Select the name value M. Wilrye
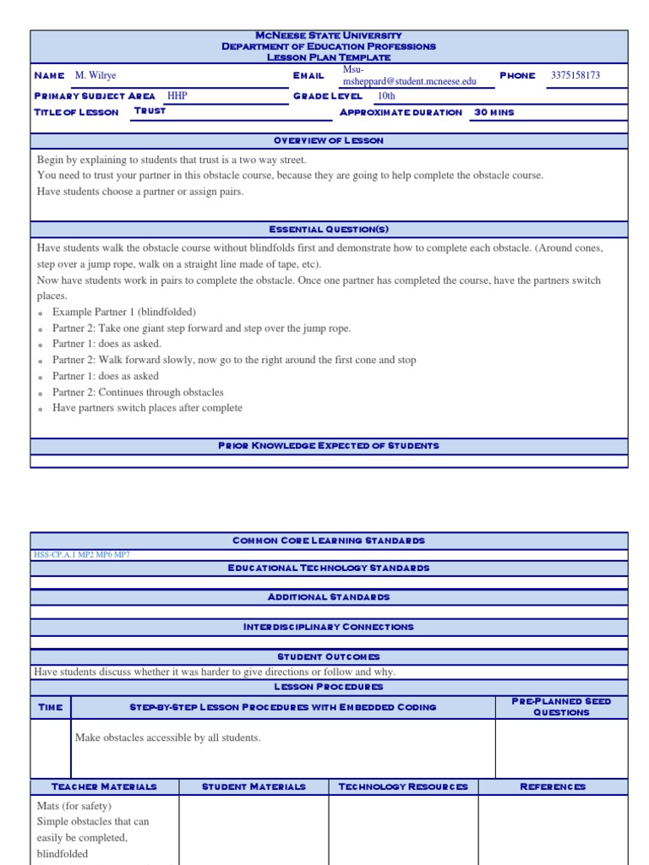pyautogui.click(x=95, y=76)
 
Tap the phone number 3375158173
pyautogui.click(x=575, y=75)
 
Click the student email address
pyautogui.click(x=409, y=82)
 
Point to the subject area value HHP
pyautogui.click(x=177, y=96)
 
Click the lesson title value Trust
pyautogui.click(x=150, y=112)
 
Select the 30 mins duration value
pyautogui.click(x=494, y=112)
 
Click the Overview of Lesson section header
pyautogui.click(x=329, y=140)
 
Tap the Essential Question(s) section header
pyautogui.click(x=329, y=230)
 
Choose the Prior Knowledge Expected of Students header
pyautogui.click(x=329, y=446)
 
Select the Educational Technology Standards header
pyautogui.click(x=329, y=569)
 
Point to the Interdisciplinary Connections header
pyautogui.click(x=329, y=628)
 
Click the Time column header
pyautogui.click(x=51, y=707)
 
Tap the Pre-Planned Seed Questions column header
pyautogui.click(x=561, y=707)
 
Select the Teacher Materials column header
pyautogui.click(x=104, y=787)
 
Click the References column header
pyautogui.click(x=553, y=787)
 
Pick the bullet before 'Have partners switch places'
pyautogui.click(x=41, y=409)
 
